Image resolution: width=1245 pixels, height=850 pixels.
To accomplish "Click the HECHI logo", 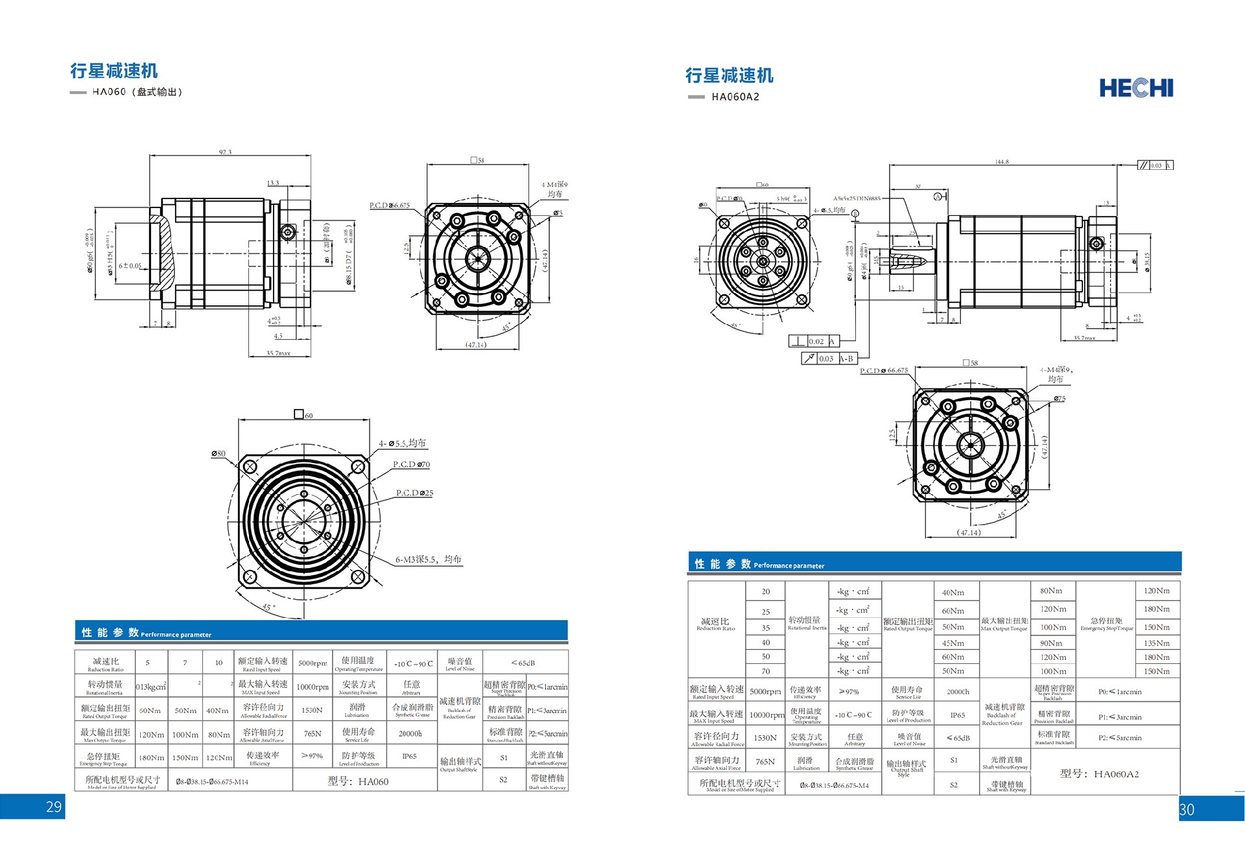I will coord(1136,88).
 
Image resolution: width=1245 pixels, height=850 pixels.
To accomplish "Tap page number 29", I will coord(54,807).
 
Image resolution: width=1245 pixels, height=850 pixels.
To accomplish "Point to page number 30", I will coord(1187,810).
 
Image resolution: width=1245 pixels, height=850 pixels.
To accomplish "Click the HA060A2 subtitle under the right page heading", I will coord(735,97).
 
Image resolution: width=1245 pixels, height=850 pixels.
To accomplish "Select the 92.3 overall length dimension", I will coord(225,152).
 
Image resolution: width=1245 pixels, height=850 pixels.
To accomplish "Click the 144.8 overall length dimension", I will coord(1002,162).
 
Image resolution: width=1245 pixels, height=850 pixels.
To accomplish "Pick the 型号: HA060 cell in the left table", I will coord(358,781).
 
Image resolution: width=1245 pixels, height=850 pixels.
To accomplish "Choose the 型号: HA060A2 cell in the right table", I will coord(1099,773).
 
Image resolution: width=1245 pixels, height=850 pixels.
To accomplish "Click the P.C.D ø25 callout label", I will coord(414,493).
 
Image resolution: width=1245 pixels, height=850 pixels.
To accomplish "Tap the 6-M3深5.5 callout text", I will coord(428,560).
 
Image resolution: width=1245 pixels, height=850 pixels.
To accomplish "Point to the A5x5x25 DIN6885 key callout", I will coord(857,198).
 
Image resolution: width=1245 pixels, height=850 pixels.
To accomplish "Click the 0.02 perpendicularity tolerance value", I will coord(816,341).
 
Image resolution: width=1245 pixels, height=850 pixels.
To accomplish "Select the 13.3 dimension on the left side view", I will coord(273,183).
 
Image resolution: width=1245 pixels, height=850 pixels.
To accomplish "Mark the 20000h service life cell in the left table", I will coord(410,734).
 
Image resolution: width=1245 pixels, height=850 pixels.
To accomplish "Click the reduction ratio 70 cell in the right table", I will coord(766,671).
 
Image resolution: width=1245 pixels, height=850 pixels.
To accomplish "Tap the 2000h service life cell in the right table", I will coord(958,692).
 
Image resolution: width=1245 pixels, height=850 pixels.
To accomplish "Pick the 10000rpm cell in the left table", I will coord(313,687).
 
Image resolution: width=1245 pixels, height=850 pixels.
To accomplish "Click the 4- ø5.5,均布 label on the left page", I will coord(402,443).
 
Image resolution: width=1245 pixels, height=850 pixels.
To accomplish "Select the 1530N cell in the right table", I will coord(765,738).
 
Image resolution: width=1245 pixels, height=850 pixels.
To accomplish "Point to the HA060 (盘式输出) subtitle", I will coord(137,92).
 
